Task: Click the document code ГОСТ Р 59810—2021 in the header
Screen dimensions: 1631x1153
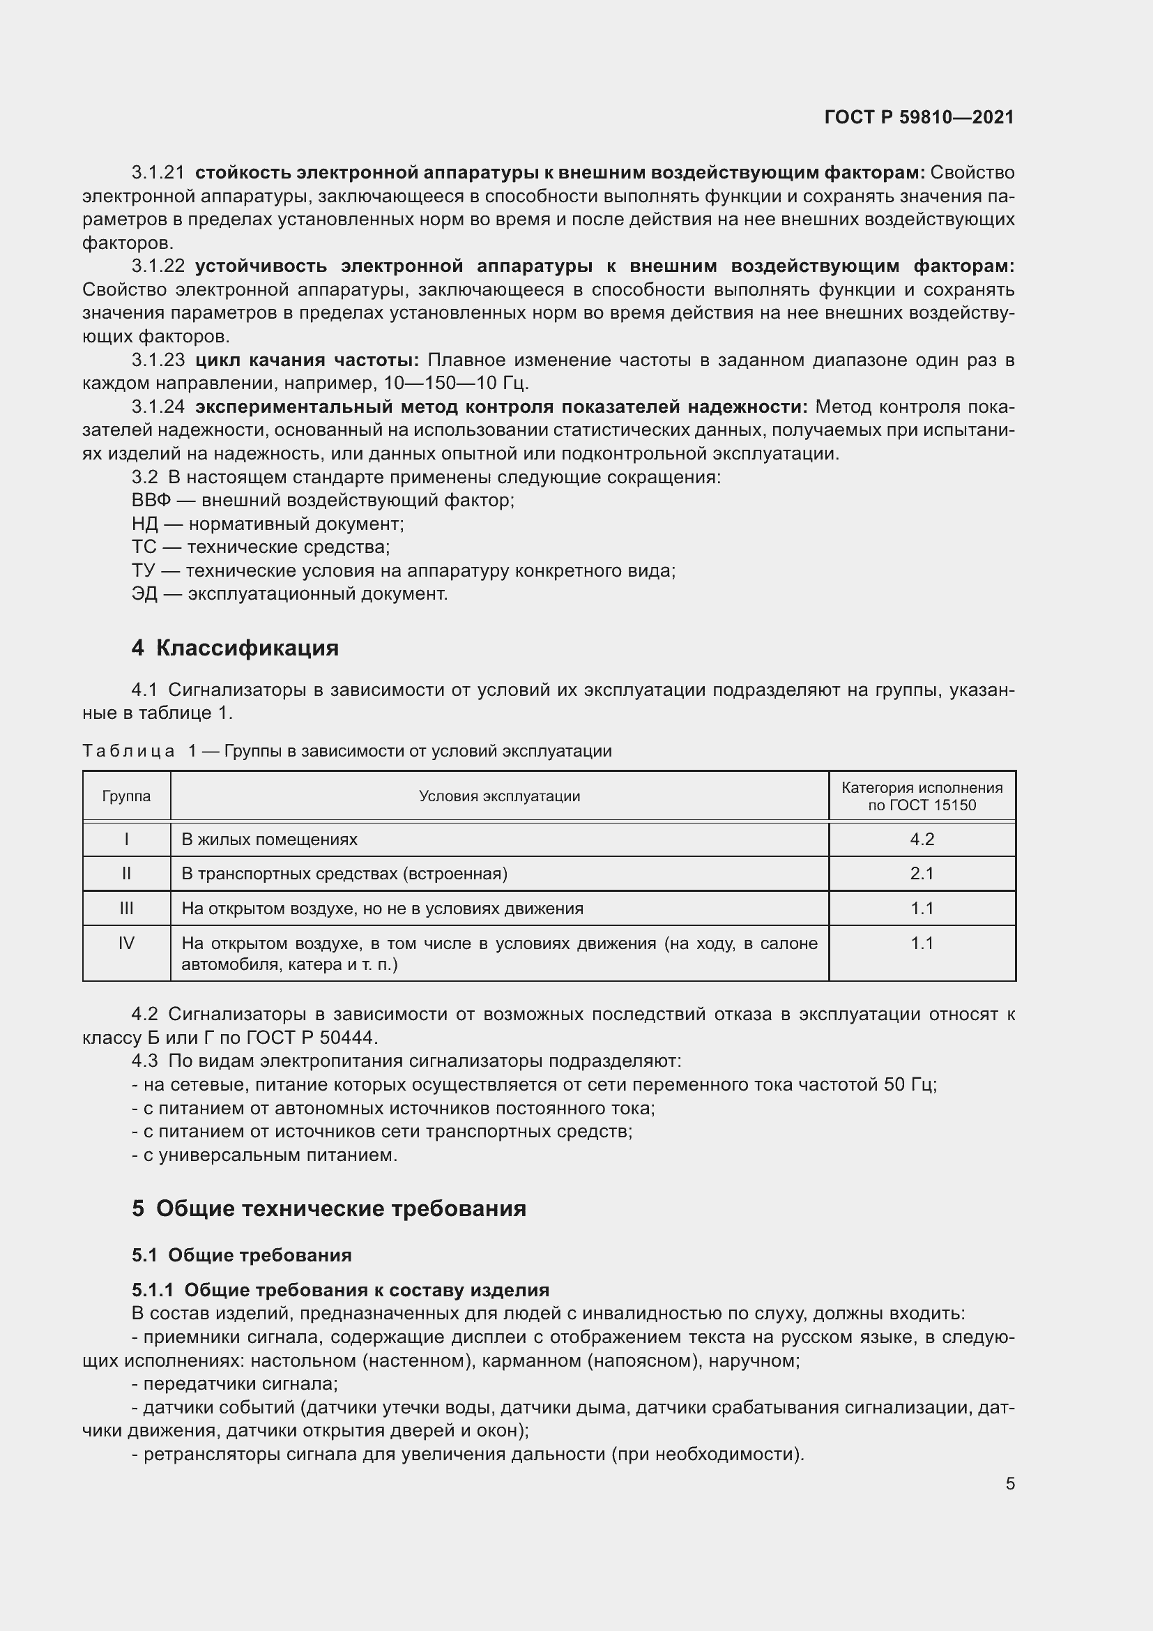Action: click(x=919, y=117)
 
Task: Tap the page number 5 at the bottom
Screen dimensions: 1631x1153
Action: click(x=1009, y=1483)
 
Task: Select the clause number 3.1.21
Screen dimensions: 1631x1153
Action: click(x=158, y=173)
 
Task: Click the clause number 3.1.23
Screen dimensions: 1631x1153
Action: click(x=158, y=360)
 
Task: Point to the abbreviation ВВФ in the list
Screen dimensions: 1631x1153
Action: click(x=151, y=500)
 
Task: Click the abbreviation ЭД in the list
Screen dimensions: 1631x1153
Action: click(x=144, y=594)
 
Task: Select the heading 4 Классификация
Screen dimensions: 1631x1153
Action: click(x=235, y=648)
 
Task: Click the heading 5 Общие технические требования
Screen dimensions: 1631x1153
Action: click(x=329, y=1208)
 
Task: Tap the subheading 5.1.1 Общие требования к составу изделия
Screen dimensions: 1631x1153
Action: click(x=340, y=1290)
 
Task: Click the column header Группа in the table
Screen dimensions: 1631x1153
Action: click(x=126, y=796)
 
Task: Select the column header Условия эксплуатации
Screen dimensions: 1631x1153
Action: click(x=499, y=796)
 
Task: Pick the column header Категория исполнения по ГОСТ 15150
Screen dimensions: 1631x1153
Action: click(x=922, y=796)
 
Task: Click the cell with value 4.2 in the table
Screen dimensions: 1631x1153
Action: click(x=922, y=840)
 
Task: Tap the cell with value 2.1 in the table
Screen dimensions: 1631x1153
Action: click(x=922, y=874)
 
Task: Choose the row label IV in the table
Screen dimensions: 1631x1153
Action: click(x=126, y=943)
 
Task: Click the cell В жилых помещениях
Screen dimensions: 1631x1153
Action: click(x=269, y=840)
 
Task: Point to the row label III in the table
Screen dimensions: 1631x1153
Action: click(x=126, y=909)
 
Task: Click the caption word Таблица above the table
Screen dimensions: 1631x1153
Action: click(x=128, y=751)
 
